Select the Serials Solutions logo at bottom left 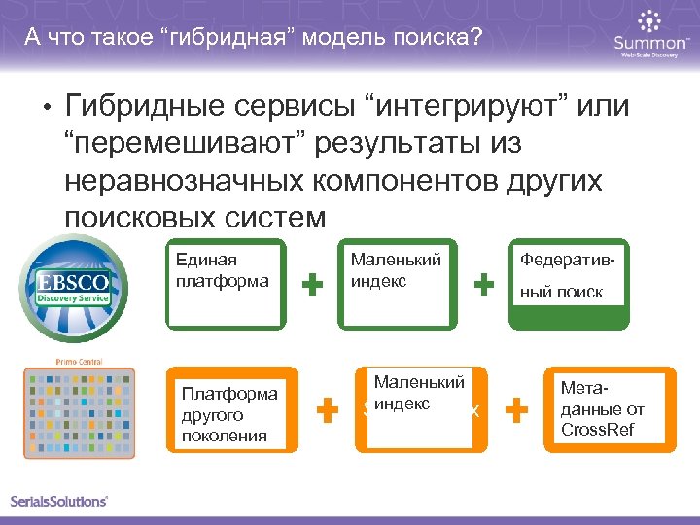coord(59,501)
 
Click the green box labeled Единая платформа coord(226,283)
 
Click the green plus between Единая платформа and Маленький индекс coord(312,284)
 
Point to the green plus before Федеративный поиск coord(482,284)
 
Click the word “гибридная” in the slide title coord(221,38)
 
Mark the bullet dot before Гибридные coord(45,106)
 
